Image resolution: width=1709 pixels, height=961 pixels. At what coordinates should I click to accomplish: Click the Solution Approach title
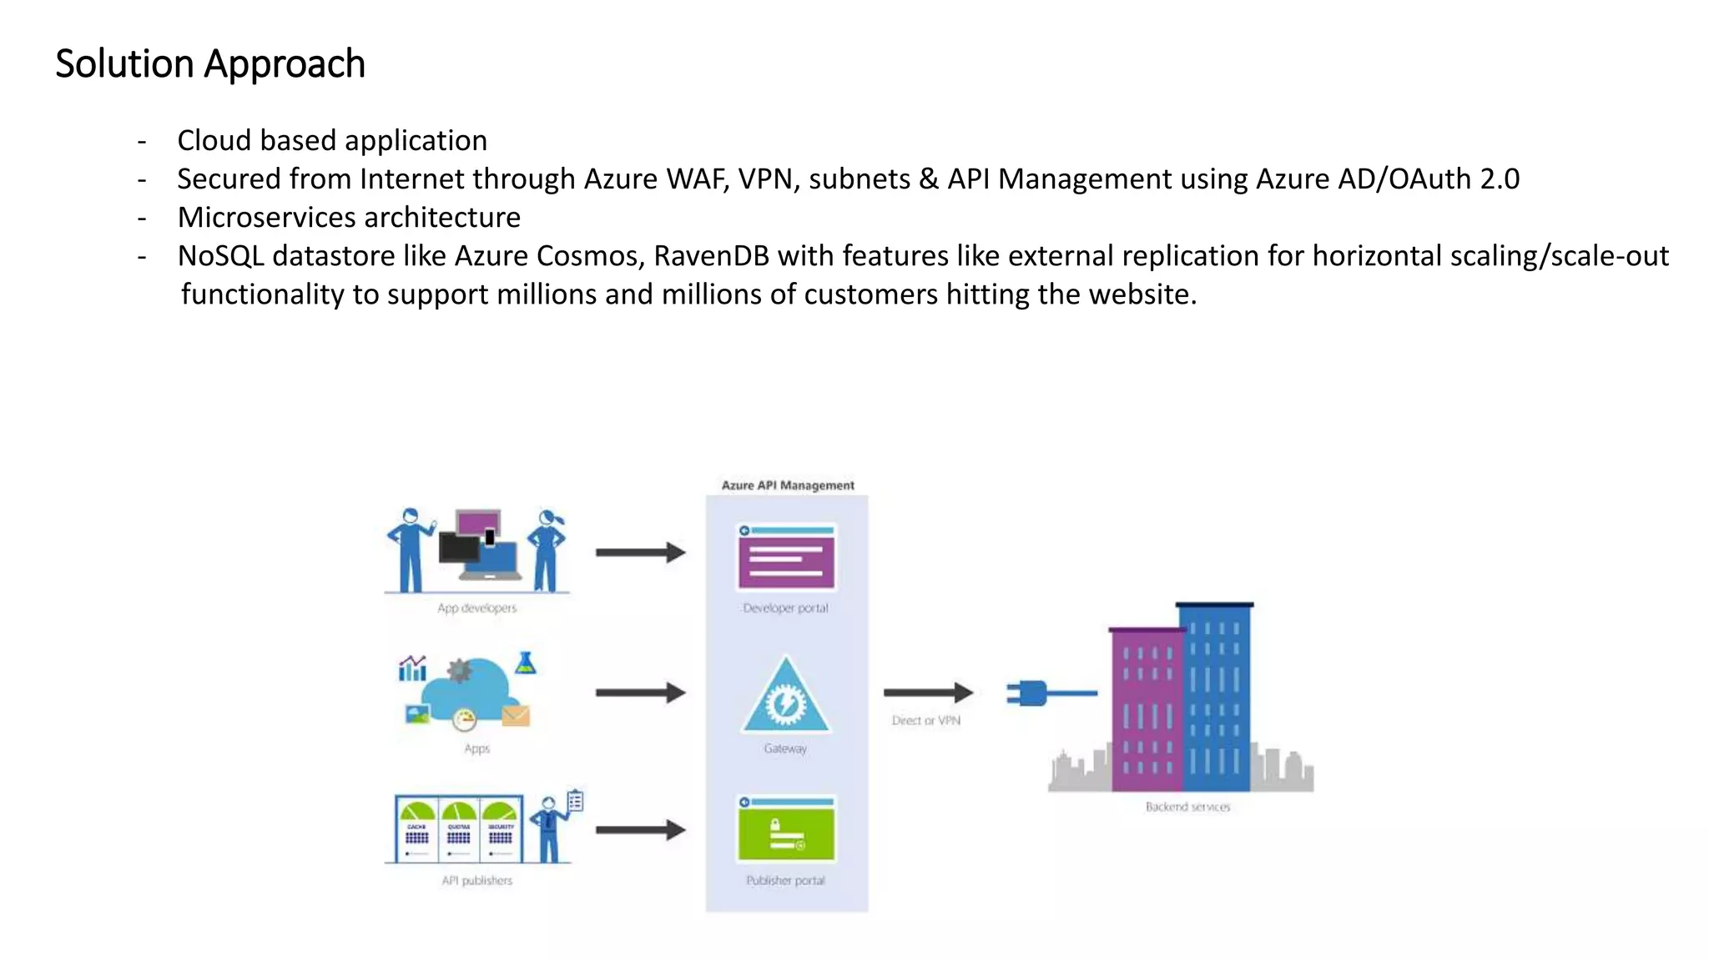coord(210,64)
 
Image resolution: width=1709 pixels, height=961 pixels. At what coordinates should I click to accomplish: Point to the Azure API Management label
coord(787,485)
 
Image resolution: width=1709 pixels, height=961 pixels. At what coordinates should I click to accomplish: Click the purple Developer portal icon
coord(786,557)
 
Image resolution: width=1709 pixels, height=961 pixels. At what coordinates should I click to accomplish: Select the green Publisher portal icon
coord(786,830)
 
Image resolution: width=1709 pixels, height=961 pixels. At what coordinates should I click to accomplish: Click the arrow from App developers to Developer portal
coord(640,552)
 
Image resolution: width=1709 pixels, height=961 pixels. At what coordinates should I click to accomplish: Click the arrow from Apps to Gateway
coord(640,692)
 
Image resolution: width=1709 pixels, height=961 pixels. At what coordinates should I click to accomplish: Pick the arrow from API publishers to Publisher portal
coord(640,830)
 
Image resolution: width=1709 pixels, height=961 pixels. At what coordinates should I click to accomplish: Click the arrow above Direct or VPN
coord(927,692)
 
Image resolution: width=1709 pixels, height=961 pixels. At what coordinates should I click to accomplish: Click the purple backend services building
coord(1146,709)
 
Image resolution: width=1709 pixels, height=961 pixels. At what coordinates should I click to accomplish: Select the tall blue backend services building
coord(1216,697)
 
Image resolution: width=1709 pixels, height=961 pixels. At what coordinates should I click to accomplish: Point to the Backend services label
coord(1187,807)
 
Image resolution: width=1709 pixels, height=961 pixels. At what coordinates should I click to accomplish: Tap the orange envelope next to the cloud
coord(516,716)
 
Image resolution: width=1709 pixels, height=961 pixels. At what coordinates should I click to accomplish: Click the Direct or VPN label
coord(925,721)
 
